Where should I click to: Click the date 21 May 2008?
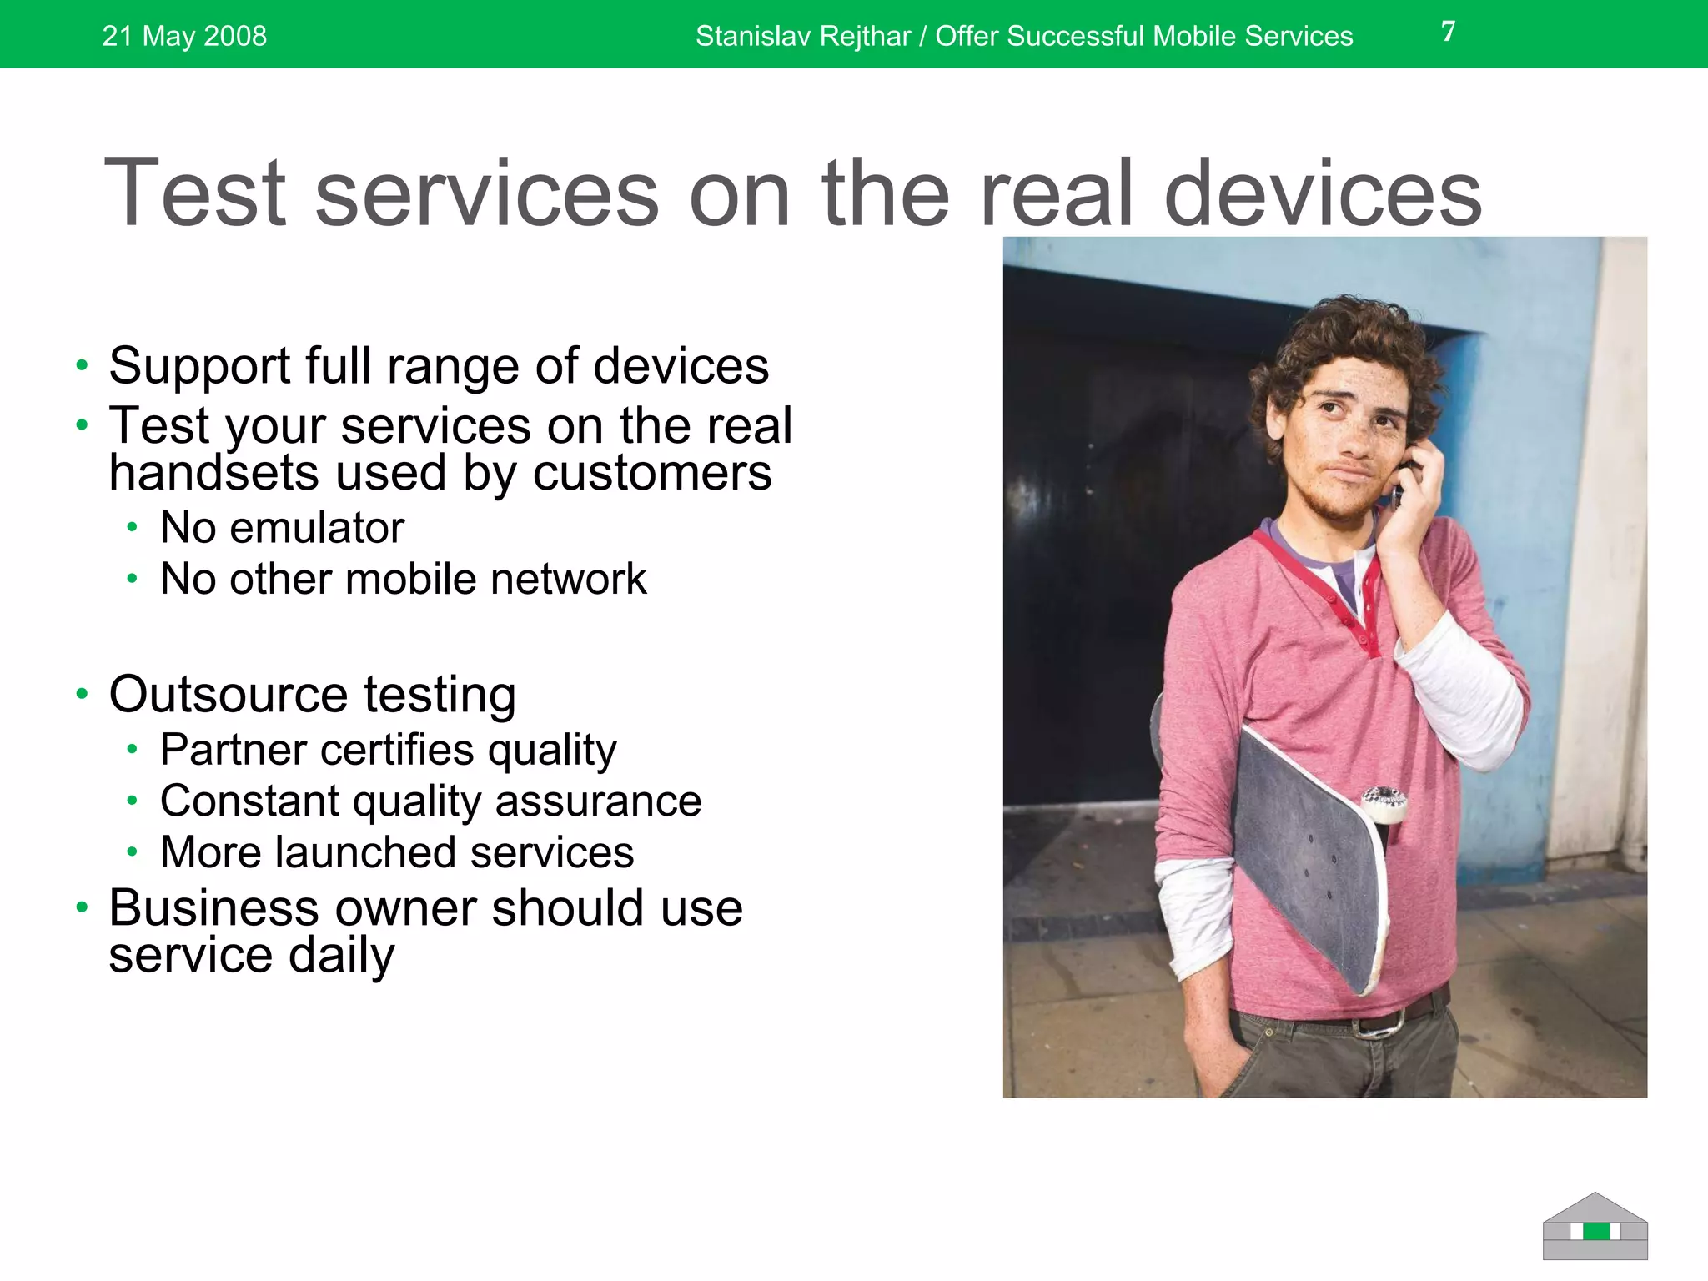pos(184,36)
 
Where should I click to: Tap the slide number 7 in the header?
pos(1448,32)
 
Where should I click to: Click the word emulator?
pos(317,528)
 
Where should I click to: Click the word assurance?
pos(598,801)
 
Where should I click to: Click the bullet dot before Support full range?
pos(81,365)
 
